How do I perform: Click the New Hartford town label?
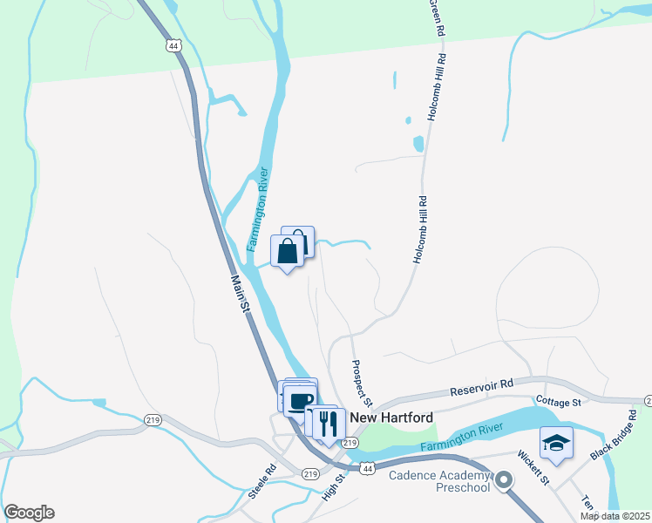point(391,418)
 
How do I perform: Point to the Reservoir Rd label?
point(481,386)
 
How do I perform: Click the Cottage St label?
point(559,403)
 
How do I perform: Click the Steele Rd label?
point(261,480)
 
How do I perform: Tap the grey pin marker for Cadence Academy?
point(503,480)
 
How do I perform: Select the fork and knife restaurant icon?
point(329,423)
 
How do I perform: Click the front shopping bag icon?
point(288,252)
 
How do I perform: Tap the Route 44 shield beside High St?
point(368,468)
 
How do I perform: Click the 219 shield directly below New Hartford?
point(350,444)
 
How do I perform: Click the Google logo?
point(29,513)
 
